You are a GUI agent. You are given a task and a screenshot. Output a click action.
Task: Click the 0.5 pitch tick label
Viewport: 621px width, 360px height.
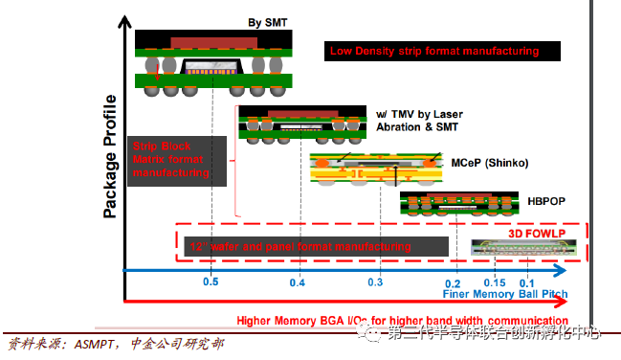point(211,282)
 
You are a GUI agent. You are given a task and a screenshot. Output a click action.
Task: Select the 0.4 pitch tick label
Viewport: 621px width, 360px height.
point(298,282)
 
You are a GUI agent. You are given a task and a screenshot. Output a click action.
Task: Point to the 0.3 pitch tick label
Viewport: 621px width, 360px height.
point(374,282)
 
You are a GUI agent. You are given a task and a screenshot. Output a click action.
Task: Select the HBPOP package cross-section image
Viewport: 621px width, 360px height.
point(447,204)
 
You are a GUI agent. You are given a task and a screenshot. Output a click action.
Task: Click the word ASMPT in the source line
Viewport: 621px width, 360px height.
point(98,344)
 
